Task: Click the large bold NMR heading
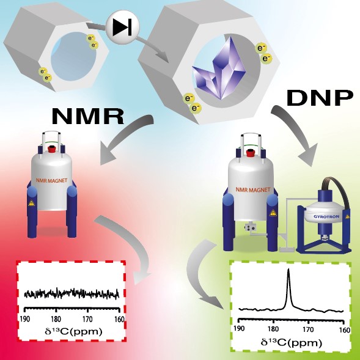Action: click(88, 116)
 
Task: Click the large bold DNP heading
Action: click(320, 98)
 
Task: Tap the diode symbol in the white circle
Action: click(122, 27)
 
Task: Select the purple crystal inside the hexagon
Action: click(219, 70)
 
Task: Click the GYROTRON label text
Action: click(326, 216)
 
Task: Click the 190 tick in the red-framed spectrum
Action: click(25, 319)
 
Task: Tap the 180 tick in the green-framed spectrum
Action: click(273, 329)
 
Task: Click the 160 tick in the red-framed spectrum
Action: click(119, 319)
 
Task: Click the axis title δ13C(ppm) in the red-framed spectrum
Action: click(73, 331)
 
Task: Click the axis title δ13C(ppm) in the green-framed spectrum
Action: click(292, 343)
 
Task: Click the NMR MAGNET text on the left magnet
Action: click(52, 181)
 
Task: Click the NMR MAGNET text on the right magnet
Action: click(253, 190)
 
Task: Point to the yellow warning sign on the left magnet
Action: click(31, 203)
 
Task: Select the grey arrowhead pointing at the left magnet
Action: click(108, 155)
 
